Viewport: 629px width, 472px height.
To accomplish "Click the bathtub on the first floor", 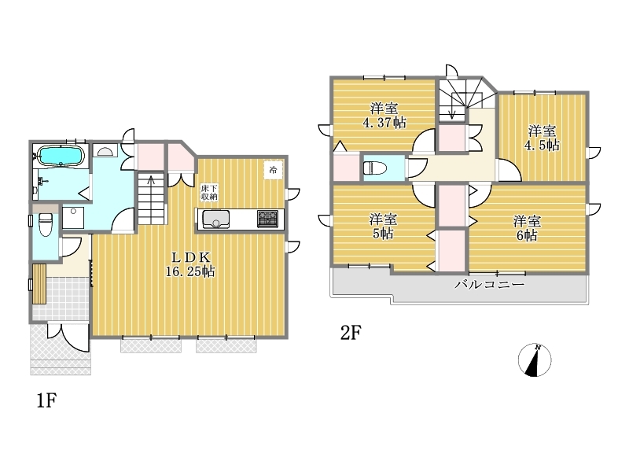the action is click(61, 155).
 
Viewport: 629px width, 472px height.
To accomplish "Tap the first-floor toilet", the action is click(45, 224).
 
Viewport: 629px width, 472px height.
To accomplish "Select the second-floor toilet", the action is click(375, 168).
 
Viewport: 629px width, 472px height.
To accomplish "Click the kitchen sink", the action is click(215, 219).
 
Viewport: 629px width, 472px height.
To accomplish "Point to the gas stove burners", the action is click(267, 219).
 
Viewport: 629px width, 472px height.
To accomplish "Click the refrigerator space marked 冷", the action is click(273, 170).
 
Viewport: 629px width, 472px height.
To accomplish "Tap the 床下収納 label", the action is click(209, 192).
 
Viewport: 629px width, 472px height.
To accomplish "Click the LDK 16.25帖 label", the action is click(190, 264).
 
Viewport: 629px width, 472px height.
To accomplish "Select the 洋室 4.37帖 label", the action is click(384, 115).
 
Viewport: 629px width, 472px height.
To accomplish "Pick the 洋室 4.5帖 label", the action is click(542, 138).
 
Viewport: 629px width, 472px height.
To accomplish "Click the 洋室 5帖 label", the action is click(383, 227).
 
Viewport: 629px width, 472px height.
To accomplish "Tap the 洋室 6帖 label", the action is click(527, 228).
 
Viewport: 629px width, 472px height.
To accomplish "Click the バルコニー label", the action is click(489, 285).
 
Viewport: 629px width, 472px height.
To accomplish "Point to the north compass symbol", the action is click(535, 360).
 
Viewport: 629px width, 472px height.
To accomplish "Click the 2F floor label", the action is click(351, 333).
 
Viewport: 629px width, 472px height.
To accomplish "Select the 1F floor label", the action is click(46, 400).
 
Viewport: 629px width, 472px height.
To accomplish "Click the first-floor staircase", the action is click(151, 198).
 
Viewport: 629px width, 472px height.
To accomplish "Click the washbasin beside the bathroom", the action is click(105, 151).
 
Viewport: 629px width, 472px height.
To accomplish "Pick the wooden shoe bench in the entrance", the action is click(39, 284).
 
